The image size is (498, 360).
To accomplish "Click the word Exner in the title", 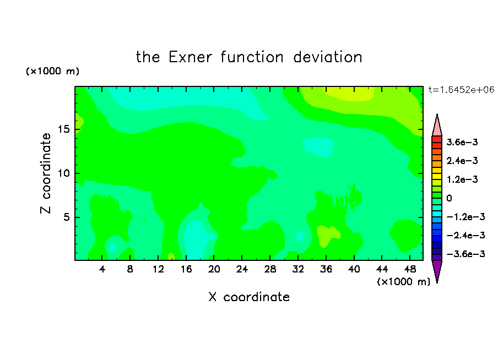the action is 190,57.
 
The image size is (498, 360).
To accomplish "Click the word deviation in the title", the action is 327,57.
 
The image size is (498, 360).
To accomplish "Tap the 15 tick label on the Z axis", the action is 63,129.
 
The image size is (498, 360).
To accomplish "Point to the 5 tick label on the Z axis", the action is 66,217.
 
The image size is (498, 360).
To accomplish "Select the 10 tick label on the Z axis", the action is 63,173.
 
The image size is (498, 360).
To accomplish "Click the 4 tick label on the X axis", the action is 102,269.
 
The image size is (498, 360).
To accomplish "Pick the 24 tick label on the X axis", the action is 242,269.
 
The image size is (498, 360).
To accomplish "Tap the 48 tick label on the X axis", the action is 410,269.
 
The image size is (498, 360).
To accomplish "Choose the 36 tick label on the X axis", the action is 326,269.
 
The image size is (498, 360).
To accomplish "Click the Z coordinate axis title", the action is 45,173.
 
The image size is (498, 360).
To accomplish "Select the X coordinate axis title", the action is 249,297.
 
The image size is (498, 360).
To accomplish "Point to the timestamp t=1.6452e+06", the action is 461,90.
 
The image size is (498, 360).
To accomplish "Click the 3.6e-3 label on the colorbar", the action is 462,142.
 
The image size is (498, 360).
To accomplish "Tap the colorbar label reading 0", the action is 449,198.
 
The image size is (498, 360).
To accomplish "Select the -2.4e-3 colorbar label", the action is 465,235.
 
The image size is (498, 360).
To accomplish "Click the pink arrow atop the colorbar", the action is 437,125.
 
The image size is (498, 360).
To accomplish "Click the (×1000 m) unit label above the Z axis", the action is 52,71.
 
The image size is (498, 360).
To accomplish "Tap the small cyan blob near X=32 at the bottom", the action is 300,236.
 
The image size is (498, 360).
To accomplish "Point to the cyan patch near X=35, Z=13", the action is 318,146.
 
